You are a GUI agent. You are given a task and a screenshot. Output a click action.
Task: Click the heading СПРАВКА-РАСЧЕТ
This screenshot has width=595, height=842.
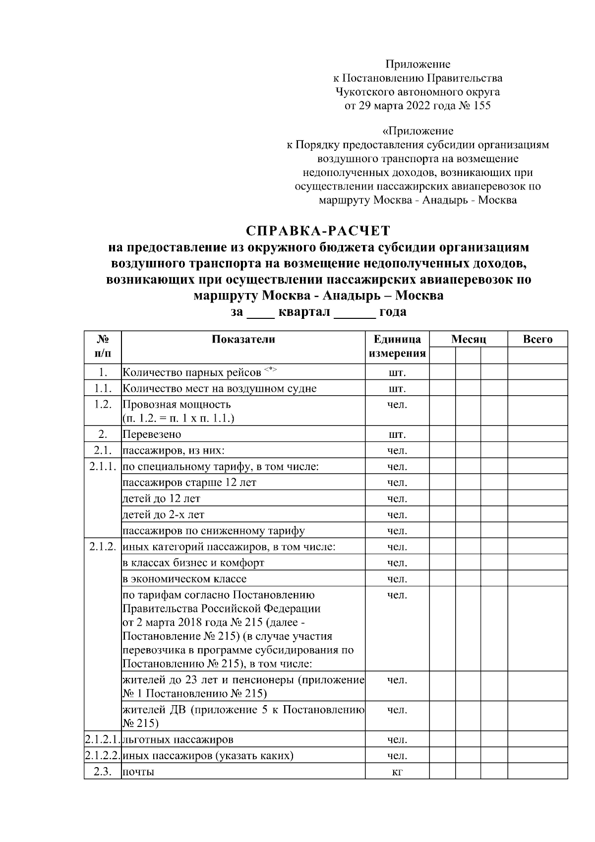pyautogui.click(x=318, y=231)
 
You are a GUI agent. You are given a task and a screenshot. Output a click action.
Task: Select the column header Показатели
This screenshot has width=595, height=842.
pyautogui.click(x=243, y=340)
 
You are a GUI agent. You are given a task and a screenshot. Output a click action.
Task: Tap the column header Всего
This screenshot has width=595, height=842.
pyautogui.click(x=537, y=340)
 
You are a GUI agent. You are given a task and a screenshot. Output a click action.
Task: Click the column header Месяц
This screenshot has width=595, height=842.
pyautogui.click(x=468, y=340)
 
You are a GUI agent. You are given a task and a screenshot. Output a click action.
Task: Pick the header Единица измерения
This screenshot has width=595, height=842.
pyautogui.click(x=397, y=347)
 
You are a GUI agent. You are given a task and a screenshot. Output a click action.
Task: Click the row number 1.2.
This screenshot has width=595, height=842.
pyautogui.click(x=103, y=404)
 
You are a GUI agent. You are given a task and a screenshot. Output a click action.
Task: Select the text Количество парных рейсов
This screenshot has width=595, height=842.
pyautogui.click(x=192, y=372)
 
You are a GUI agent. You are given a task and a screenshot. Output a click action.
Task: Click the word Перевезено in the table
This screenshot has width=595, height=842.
pyautogui.click(x=152, y=435)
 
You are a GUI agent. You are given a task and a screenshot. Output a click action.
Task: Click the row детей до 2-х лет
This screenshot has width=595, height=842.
pyautogui.click(x=163, y=515)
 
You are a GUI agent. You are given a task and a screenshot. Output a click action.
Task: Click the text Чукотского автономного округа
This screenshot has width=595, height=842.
pyautogui.click(x=417, y=92)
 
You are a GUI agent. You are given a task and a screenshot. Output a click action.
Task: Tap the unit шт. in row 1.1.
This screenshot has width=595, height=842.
pyautogui.click(x=397, y=388)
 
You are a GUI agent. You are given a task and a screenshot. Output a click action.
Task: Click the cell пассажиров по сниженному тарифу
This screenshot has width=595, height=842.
pyautogui.click(x=213, y=531)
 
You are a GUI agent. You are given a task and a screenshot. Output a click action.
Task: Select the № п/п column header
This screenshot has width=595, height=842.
pyautogui.click(x=103, y=347)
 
